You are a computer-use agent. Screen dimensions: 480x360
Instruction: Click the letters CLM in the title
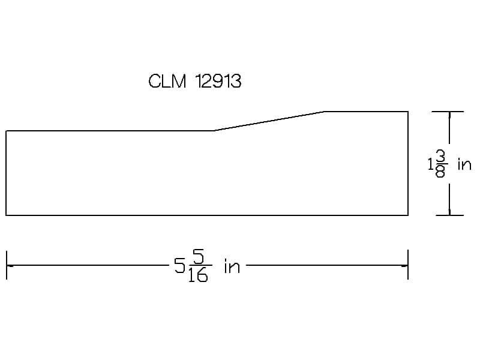point(167,82)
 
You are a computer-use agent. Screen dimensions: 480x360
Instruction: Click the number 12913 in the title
point(218,82)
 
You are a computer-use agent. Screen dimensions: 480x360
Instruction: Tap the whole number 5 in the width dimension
point(179,265)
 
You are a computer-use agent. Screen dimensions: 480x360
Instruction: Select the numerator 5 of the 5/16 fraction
point(199,257)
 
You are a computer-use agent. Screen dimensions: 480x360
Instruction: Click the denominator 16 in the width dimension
point(198,275)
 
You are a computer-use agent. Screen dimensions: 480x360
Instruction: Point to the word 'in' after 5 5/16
point(232,266)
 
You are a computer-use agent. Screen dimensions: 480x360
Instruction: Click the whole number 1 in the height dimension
point(430,164)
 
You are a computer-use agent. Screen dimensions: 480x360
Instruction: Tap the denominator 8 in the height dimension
point(440,172)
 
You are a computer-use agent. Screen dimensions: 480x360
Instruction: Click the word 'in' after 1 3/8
point(464,164)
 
